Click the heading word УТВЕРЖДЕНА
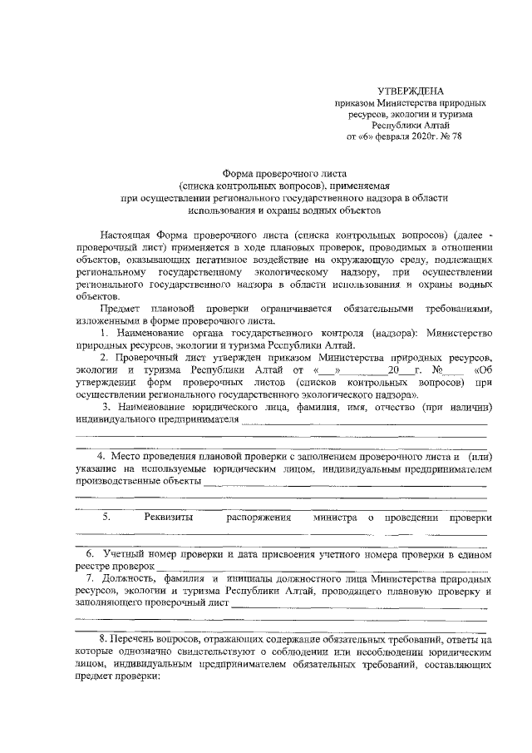pos(411,90)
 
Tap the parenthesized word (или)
pos(481,458)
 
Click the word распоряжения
pos(258,518)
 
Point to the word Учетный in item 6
pos(124,553)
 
